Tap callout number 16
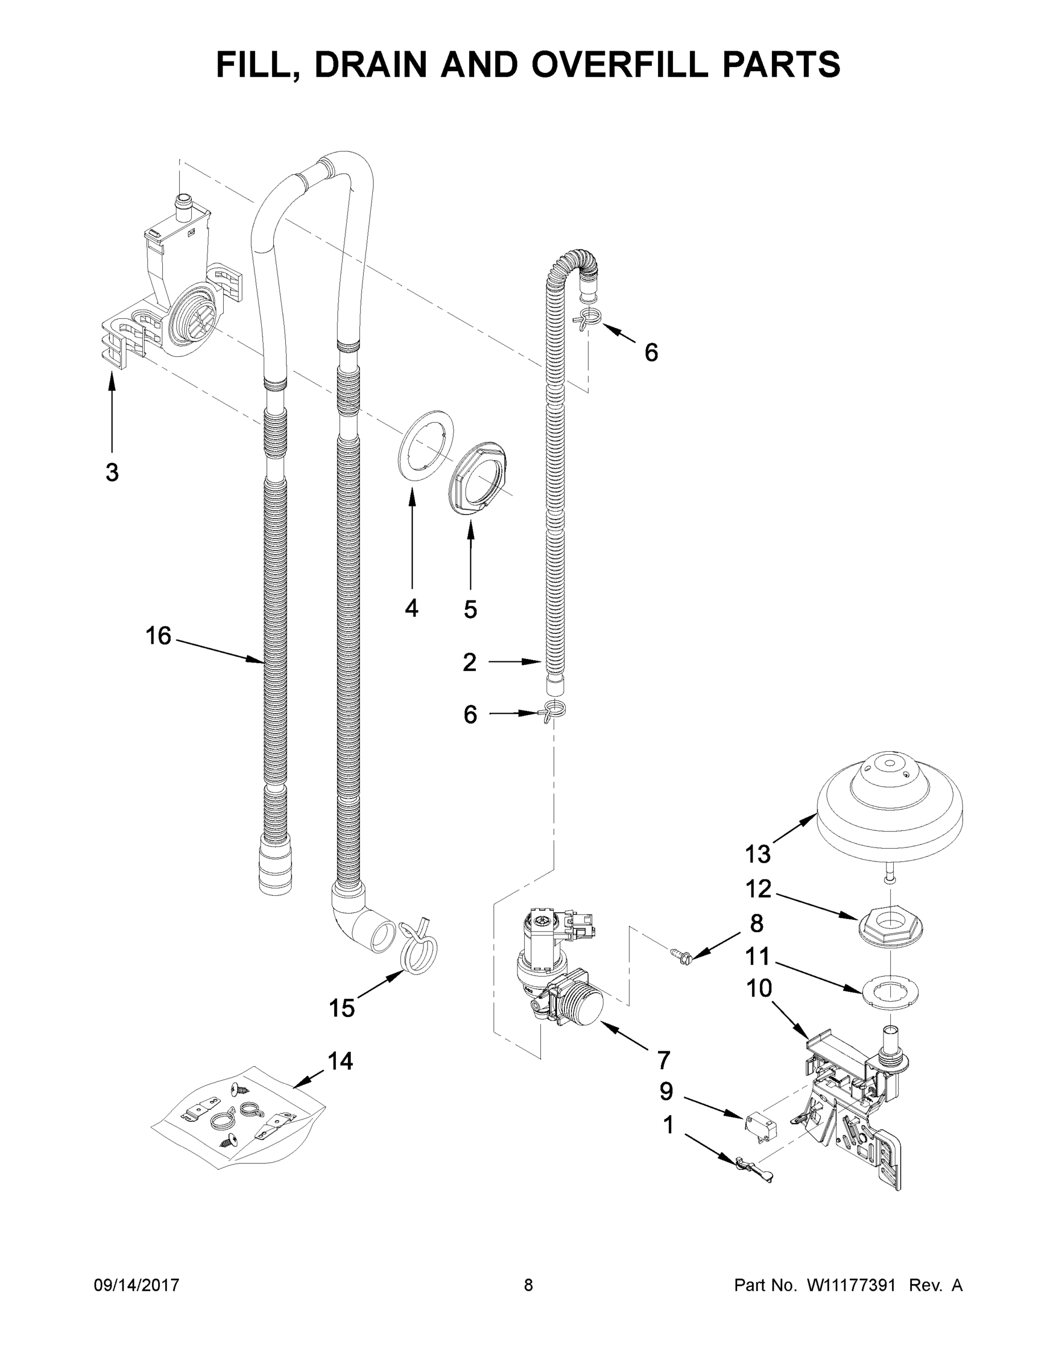click(158, 636)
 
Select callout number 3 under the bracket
click(112, 473)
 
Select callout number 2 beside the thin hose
click(469, 662)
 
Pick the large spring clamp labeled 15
click(417, 954)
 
